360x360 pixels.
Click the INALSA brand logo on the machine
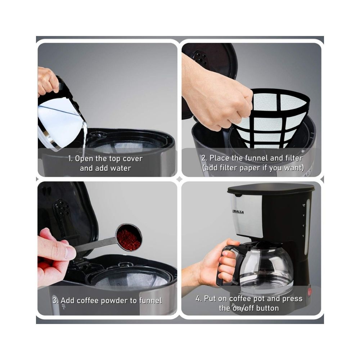coord(238,212)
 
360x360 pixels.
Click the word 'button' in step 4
coord(267,308)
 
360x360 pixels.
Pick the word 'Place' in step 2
coord(219,158)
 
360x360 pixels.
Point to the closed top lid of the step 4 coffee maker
coord(271,188)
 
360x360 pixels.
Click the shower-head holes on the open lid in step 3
coord(62,208)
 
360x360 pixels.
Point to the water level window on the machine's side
coord(307,226)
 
